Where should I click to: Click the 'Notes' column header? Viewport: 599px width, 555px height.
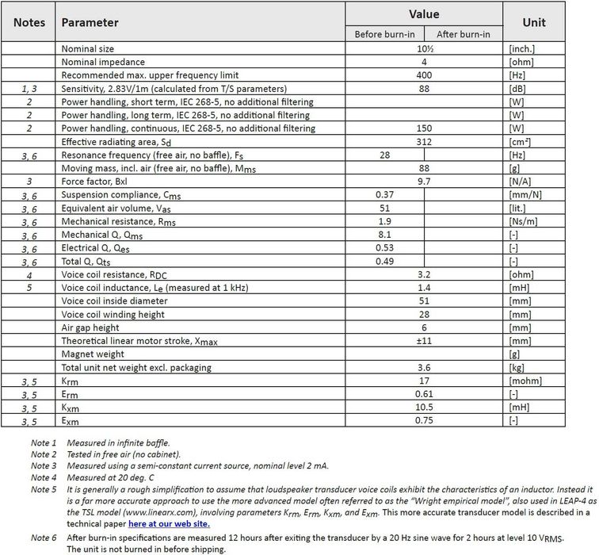click(x=29, y=23)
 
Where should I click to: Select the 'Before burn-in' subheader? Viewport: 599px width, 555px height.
click(x=385, y=33)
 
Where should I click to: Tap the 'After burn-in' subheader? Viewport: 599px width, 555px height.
click(x=464, y=33)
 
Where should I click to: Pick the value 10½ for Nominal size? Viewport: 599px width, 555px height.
click(x=424, y=49)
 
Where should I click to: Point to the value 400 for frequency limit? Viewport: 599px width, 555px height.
click(x=424, y=75)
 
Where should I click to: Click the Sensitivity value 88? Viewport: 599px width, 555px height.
click(x=424, y=89)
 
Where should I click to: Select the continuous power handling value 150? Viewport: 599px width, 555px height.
click(x=424, y=128)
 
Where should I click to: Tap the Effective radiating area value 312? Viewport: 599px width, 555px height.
click(x=424, y=142)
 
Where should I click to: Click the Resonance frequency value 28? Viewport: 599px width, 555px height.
click(x=385, y=155)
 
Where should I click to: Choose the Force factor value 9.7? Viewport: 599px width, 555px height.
click(x=424, y=182)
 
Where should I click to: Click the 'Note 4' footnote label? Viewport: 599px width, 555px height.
click(x=44, y=477)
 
